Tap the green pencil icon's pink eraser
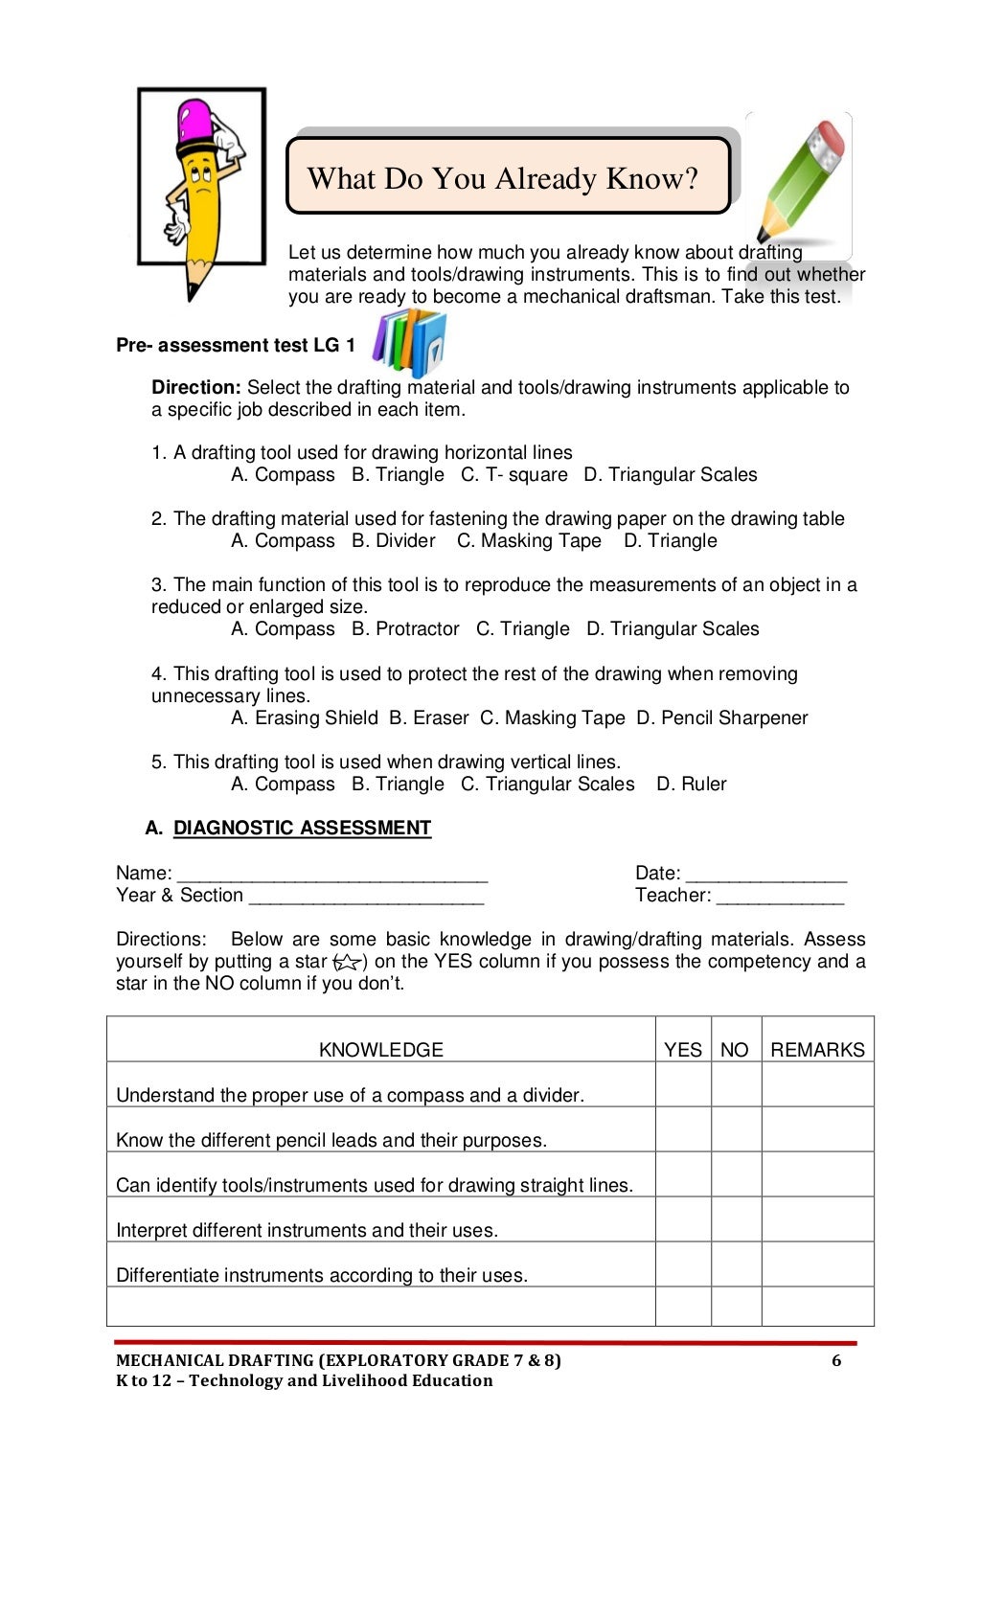coord(826,145)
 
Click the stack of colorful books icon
coord(410,342)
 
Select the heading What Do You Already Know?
coord(503,178)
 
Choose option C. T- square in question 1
coord(514,475)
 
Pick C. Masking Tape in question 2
coord(529,541)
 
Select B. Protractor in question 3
coord(405,629)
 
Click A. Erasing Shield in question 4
coord(305,718)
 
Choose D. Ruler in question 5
coord(692,785)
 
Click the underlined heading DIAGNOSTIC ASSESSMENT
coord(302,828)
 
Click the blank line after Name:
coord(332,875)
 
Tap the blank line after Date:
coord(766,875)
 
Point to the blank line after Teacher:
coord(780,898)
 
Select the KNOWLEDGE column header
coord(380,1050)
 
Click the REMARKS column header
coord(817,1050)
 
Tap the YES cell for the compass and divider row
coord(683,1084)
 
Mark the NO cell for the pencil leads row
coord(736,1129)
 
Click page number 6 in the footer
coord(836,1361)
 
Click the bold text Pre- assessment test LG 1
coord(236,346)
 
